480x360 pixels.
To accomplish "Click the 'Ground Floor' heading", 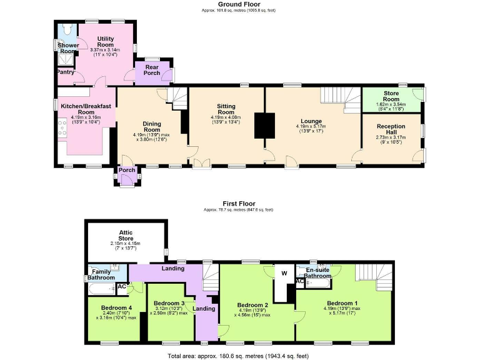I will click(x=239, y=4).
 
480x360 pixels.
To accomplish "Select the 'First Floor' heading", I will click(x=239, y=204).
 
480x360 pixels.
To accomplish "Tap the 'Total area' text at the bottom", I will click(x=238, y=356).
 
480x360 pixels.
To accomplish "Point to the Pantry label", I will click(x=65, y=72).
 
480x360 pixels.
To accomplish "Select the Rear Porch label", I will click(x=152, y=70).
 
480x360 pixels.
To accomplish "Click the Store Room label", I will click(x=391, y=96).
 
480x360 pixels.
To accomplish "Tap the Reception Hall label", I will click(x=391, y=129).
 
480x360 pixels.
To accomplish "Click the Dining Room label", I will click(x=152, y=127).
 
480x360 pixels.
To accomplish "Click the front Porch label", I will click(x=127, y=170).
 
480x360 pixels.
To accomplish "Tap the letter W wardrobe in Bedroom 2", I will click(x=283, y=273).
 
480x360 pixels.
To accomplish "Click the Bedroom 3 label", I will click(x=168, y=304).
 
